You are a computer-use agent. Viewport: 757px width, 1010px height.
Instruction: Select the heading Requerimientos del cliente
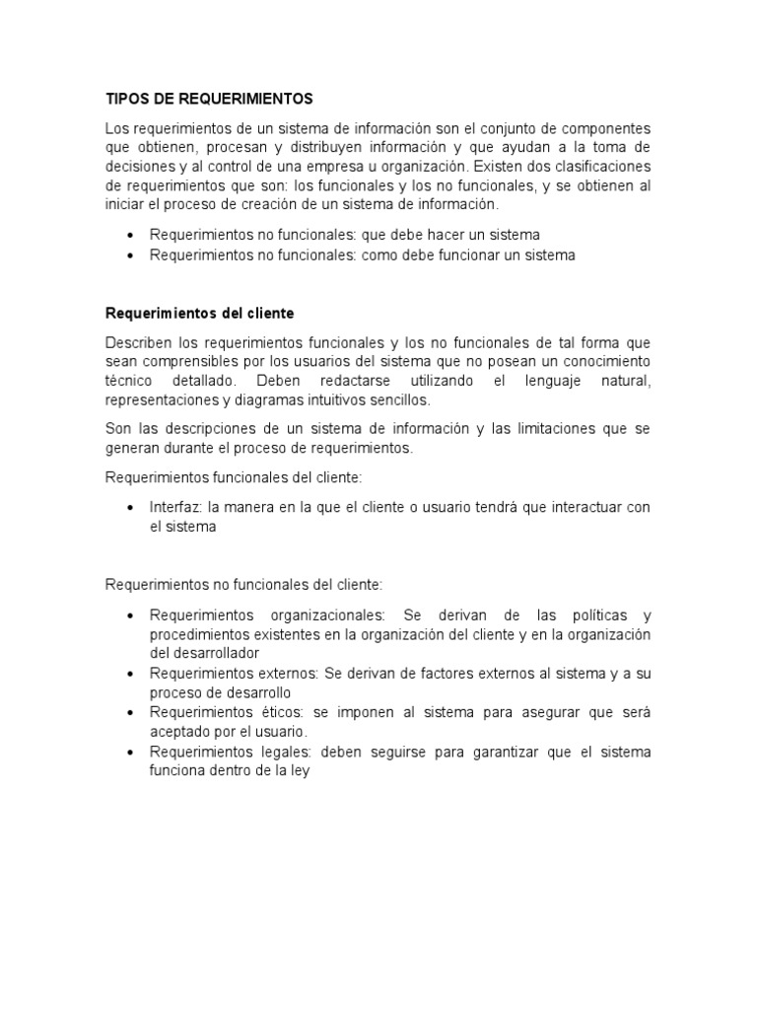200,313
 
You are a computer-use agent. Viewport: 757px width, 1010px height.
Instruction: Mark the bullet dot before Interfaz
131,508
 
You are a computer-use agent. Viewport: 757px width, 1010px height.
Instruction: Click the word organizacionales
315,614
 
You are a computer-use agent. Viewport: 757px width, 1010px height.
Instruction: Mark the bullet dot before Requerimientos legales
131,753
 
